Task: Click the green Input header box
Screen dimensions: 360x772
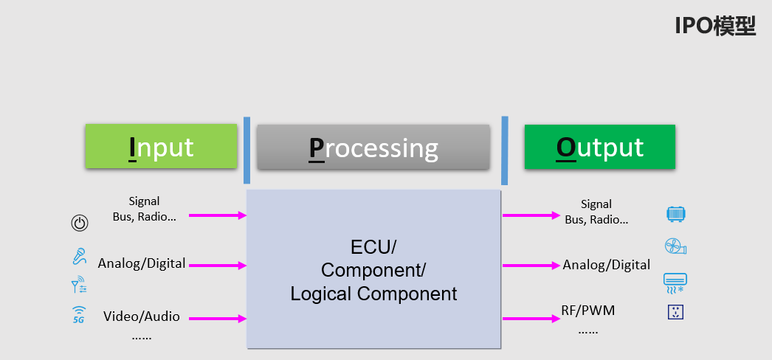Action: tap(161, 147)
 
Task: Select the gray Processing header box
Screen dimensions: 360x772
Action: tap(373, 148)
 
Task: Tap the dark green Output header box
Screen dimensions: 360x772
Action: tap(599, 147)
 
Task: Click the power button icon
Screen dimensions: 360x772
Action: tap(80, 223)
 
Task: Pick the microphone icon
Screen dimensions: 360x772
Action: tap(79, 257)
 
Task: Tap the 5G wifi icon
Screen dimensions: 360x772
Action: tap(79, 315)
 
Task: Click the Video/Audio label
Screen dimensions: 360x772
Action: tap(142, 316)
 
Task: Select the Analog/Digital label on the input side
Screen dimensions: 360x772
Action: tap(142, 263)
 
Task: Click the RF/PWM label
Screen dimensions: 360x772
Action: tap(588, 311)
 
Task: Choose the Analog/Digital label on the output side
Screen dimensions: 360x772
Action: tap(607, 265)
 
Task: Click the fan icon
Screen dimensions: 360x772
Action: tap(675, 246)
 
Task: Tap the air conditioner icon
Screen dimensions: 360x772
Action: tap(675, 281)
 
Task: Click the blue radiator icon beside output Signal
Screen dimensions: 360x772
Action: tap(676, 214)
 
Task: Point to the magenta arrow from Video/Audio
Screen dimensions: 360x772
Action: tap(218, 319)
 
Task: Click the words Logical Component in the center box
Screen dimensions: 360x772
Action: tap(373, 294)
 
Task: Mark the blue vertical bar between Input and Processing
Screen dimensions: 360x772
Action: tap(247, 150)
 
